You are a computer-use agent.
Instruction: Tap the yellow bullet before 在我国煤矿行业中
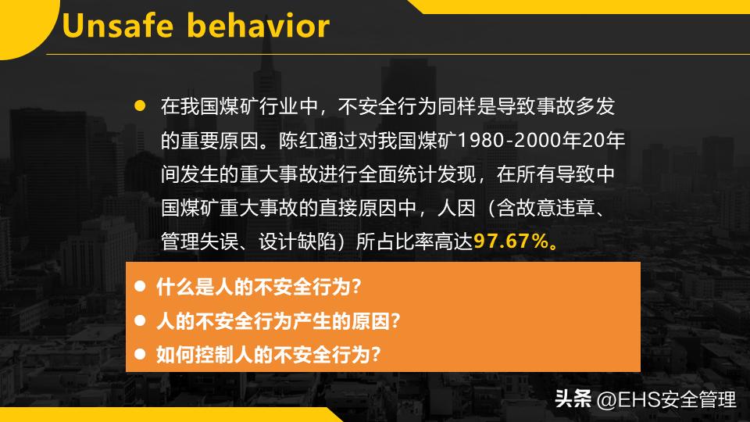[141, 105]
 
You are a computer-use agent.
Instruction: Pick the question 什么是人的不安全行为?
[259, 286]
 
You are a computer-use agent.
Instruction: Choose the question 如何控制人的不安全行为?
[269, 355]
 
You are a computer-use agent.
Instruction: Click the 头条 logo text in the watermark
[572, 400]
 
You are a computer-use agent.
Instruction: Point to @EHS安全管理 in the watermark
[666, 400]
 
